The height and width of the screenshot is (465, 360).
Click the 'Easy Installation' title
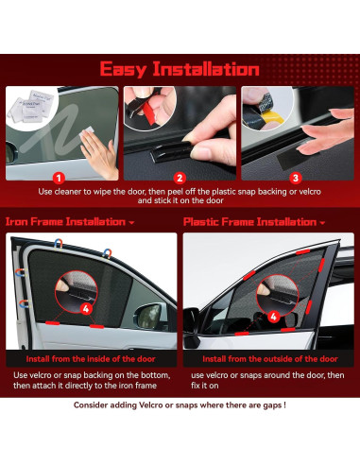(x=180, y=69)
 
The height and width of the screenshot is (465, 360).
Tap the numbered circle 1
(x=59, y=179)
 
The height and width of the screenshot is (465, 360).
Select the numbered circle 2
(x=180, y=179)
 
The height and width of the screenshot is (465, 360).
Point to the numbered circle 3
(x=296, y=179)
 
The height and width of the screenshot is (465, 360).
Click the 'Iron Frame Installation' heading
(x=65, y=222)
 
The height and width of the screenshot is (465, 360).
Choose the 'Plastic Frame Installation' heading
(x=249, y=222)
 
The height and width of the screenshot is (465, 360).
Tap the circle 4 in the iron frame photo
(x=86, y=309)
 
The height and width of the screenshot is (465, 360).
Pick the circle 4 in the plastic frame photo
(x=273, y=317)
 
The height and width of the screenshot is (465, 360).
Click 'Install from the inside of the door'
(x=91, y=359)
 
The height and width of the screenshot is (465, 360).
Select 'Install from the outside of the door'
(x=270, y=359)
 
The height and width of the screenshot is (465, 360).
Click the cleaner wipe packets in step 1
(x=31, y=106)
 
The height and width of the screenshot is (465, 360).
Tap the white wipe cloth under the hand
(x=87, y=132)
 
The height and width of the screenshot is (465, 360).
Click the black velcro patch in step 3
(x=289, y=159)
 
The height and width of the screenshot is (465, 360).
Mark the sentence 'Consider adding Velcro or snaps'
(x=180, y=405)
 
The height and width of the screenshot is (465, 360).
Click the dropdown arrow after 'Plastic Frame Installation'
(x=322, y=223)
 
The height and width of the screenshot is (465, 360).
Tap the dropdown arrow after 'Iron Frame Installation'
(x=131, y=223)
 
